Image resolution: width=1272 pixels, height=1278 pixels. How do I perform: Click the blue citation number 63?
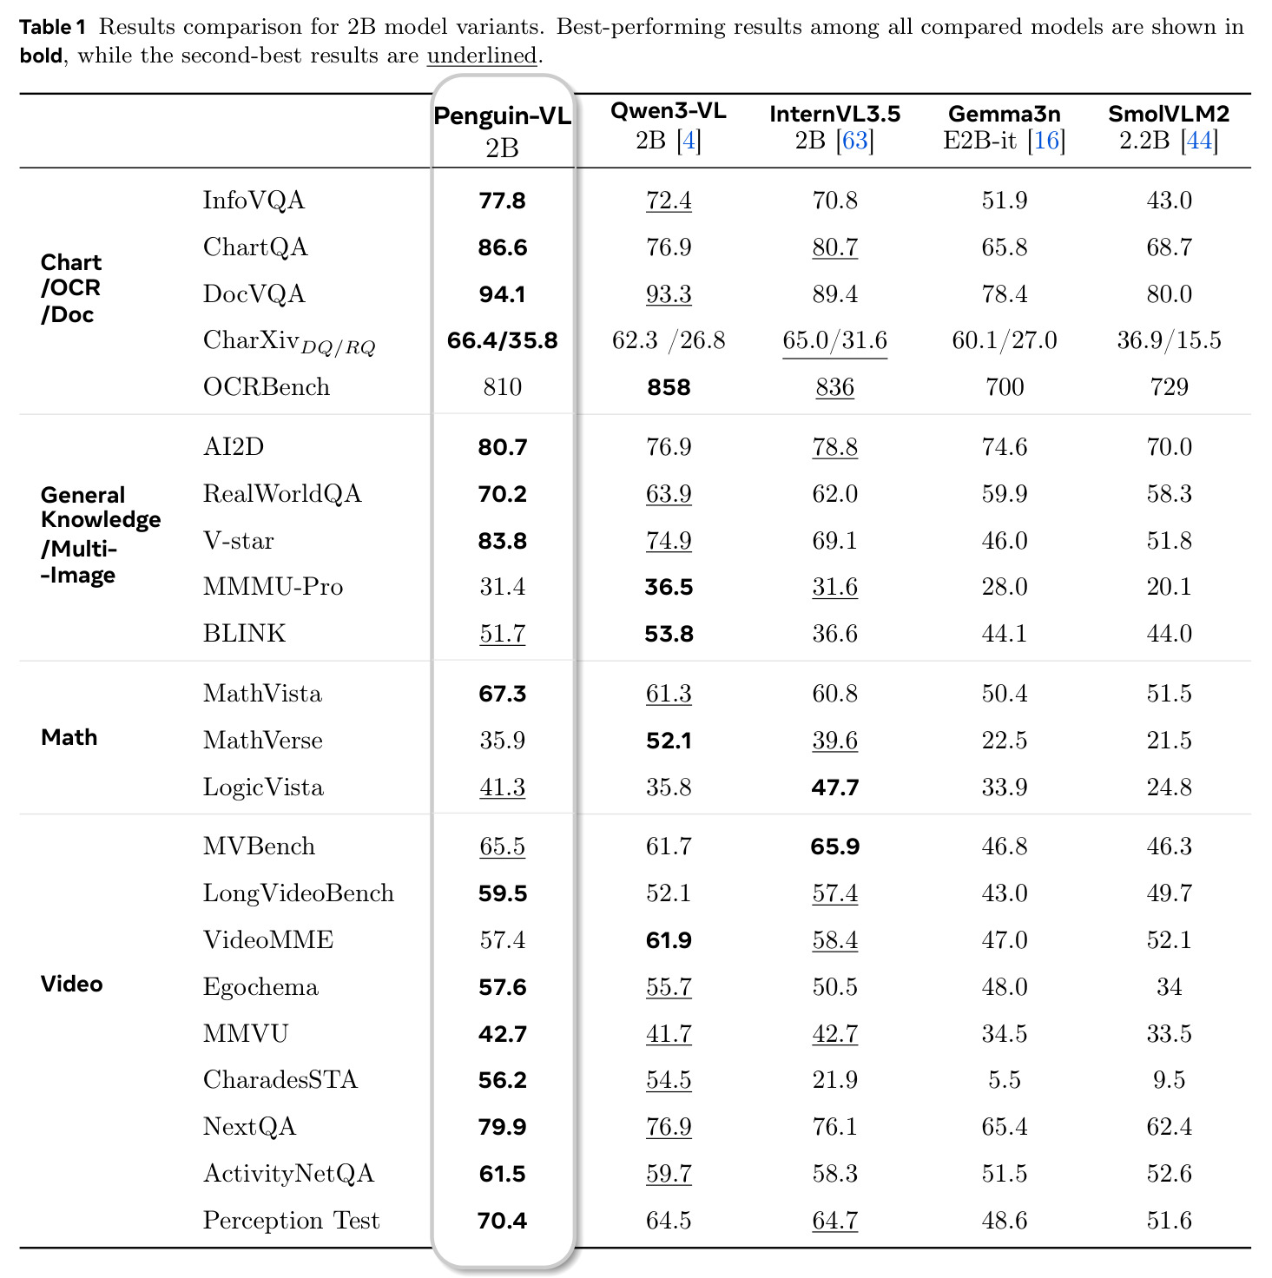[x=854, y=141]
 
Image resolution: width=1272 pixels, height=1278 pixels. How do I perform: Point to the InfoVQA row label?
[x=254, y=200]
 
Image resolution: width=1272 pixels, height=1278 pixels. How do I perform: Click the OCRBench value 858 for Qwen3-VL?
[x=669, y=387]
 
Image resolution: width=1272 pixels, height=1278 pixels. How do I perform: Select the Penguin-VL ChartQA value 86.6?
[x=503, y=247]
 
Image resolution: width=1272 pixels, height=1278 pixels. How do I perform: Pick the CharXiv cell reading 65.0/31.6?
[x=834, y=340]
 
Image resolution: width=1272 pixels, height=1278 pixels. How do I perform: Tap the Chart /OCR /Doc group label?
[x=71, y=288]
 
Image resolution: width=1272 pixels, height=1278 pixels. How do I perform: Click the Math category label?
[x=69, y=737]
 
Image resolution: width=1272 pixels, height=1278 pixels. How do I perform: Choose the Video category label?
[x=72, y=984]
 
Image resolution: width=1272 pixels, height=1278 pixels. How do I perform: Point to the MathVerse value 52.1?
[x=669, y=740]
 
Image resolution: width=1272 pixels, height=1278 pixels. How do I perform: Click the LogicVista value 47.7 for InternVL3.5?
[x=834, y=787]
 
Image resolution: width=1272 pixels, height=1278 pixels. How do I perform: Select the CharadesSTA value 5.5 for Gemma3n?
[x=1004, y=1080]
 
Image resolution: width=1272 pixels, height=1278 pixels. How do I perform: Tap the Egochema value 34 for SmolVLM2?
[x=1170, y=987]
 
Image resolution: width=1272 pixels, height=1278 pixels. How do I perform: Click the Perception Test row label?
[x=291, y=1221]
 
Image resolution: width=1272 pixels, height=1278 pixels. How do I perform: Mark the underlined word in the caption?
[x=482, y=56]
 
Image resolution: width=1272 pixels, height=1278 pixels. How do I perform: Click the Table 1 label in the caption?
[x=52, y=27]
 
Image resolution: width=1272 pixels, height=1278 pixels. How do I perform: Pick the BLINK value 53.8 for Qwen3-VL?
[x=669, y=634]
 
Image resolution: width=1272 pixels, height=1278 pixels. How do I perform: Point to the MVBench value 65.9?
[x=834, y=847]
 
